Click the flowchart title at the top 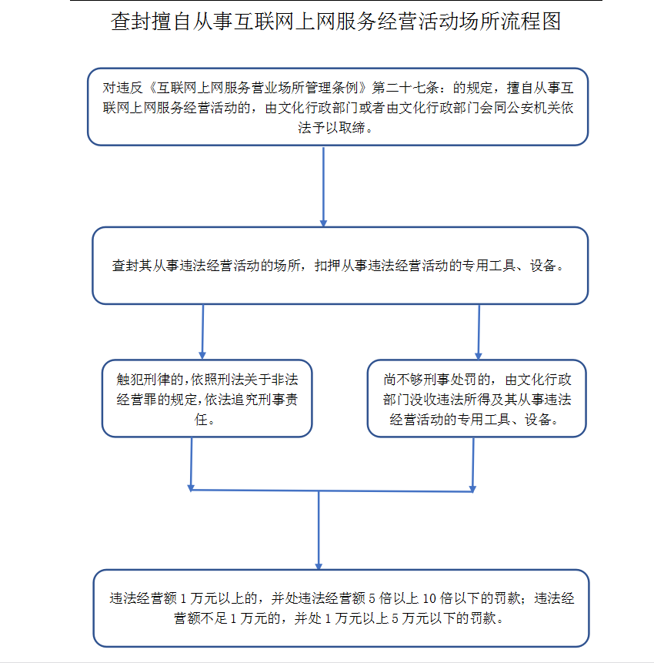(336, 21)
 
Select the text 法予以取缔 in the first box (331, 127)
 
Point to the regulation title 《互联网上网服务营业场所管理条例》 (257, 88)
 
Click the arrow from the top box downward (324, 186)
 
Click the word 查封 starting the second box (125, 266)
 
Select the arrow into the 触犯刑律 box (203, 332)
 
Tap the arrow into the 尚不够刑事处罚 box (479, 332)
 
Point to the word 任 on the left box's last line (201, 420)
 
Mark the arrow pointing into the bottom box (319, 531)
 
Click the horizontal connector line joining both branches (332, 491)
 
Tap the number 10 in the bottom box (429, 598)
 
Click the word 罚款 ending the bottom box (483, 618)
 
